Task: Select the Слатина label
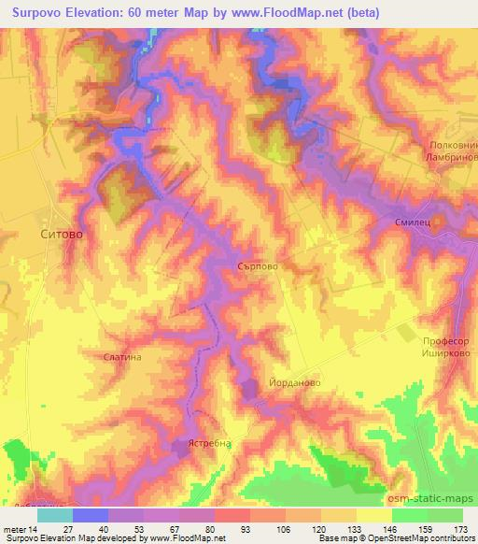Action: tap(122, 357)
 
